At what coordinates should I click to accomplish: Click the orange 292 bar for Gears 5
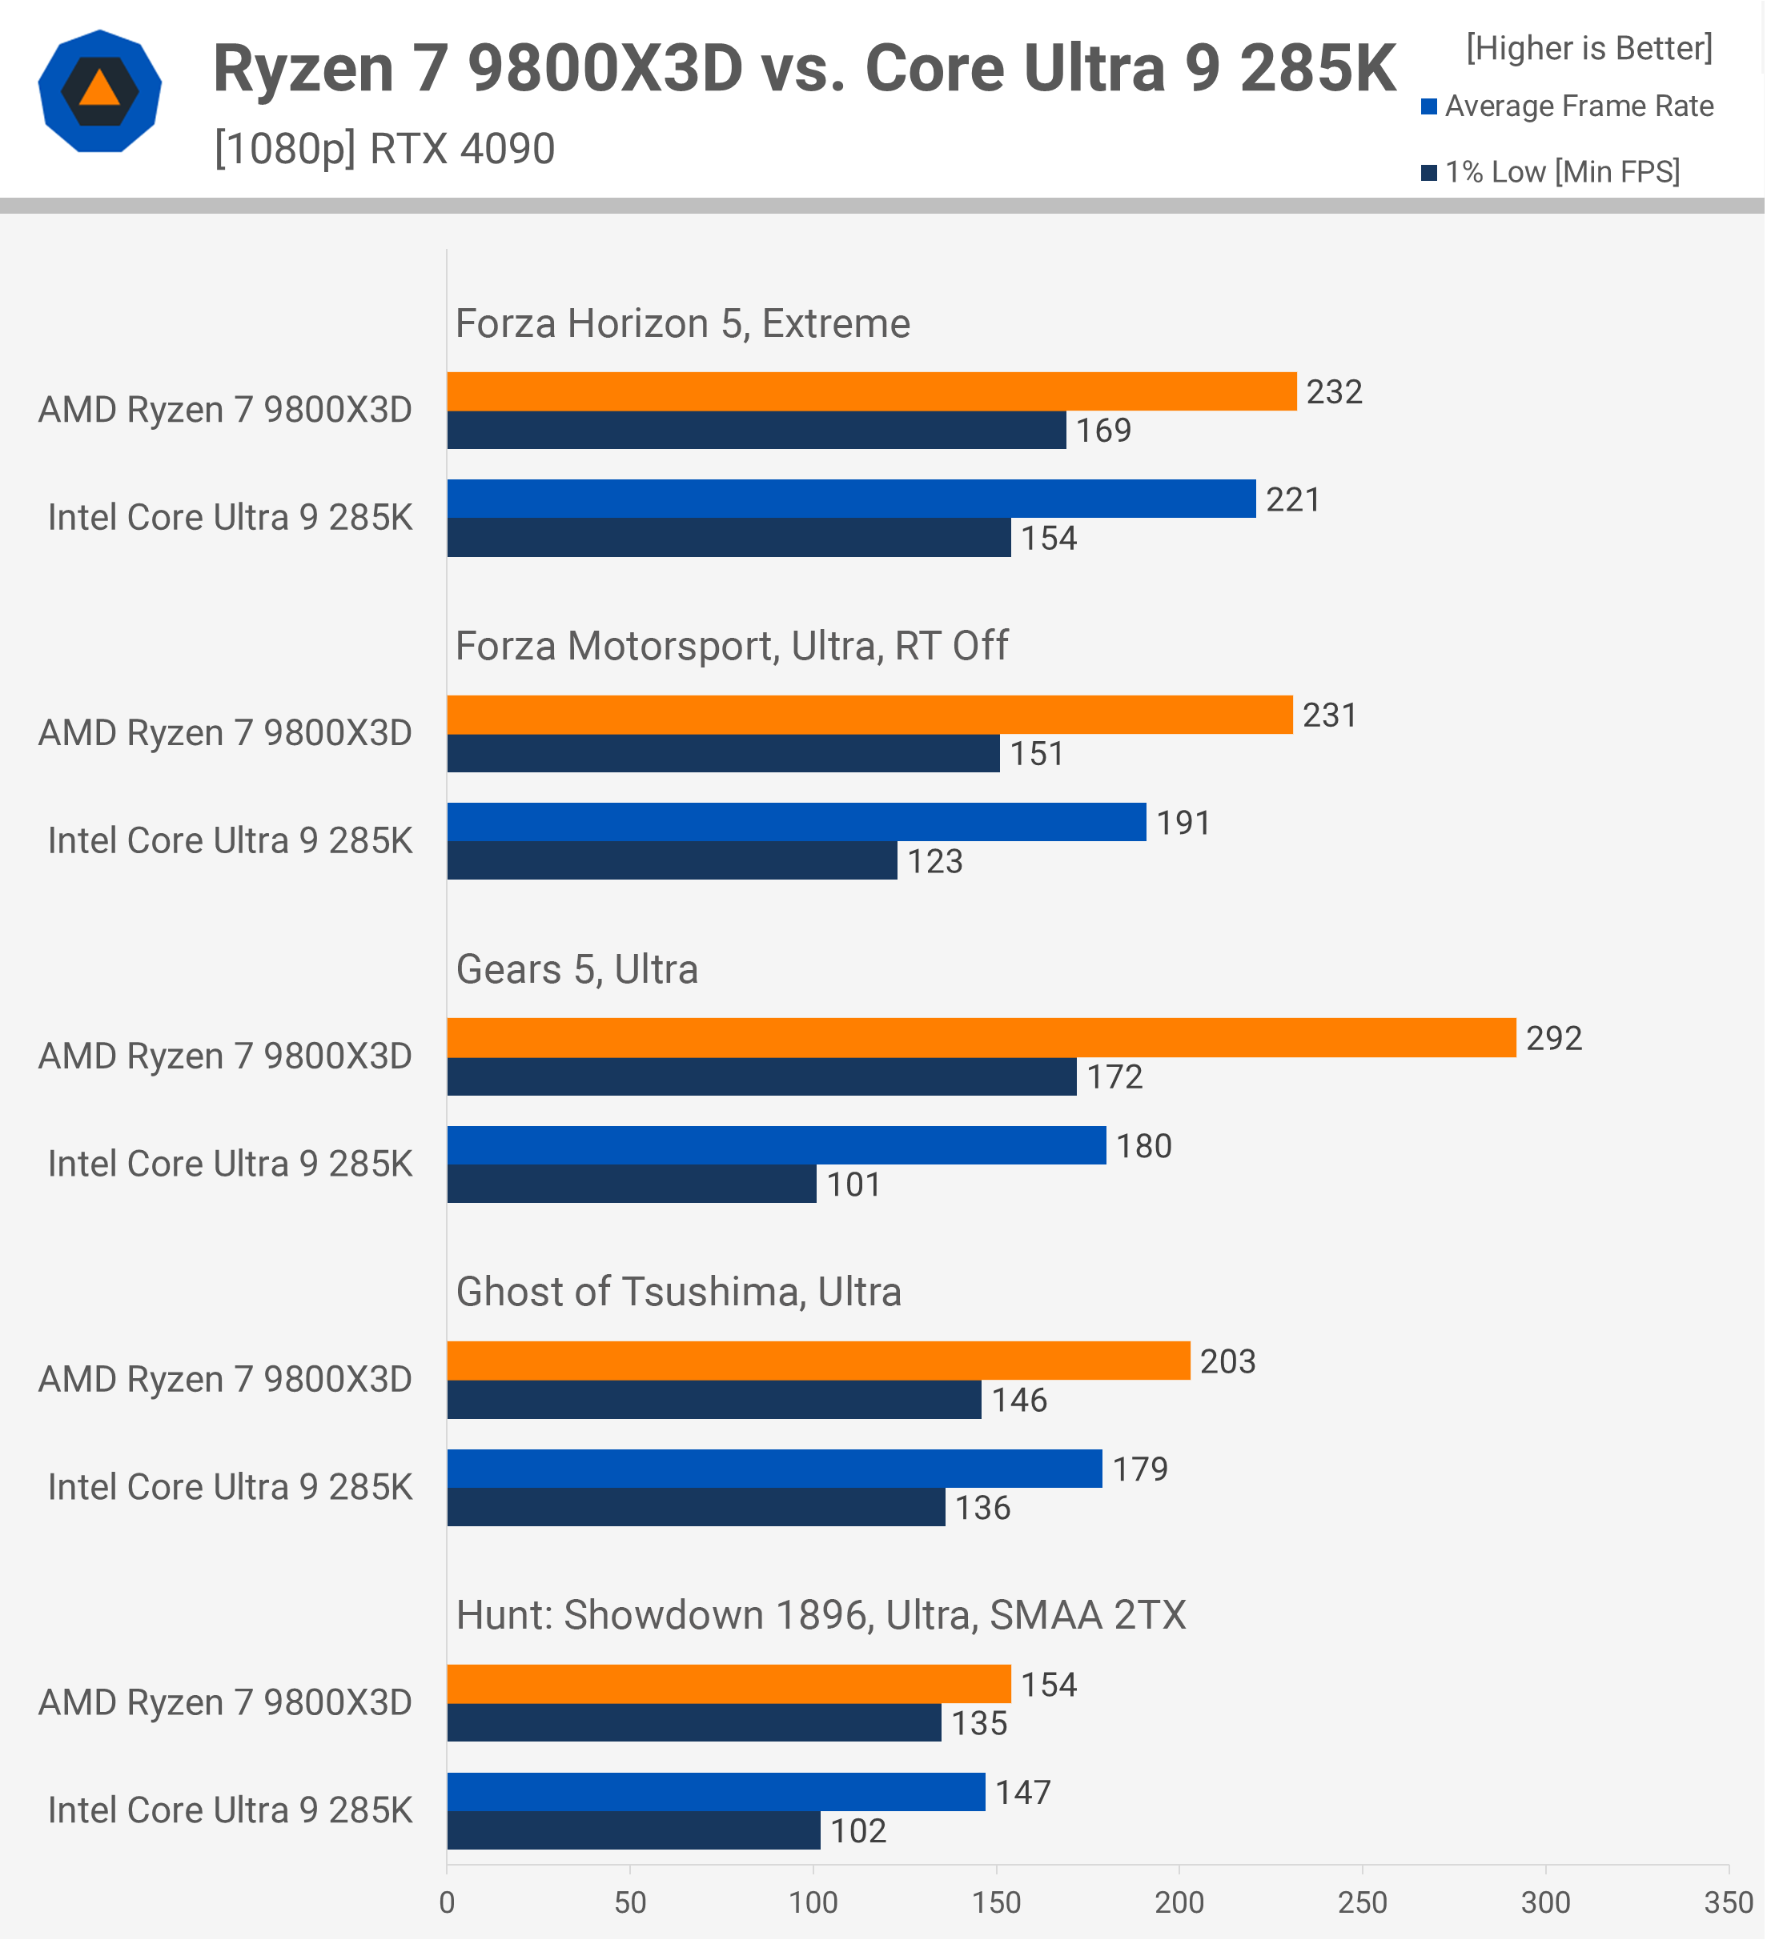pos(981,1037)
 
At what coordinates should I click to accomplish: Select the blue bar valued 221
pos(851,499)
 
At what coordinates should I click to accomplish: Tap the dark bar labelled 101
pos(632,1184)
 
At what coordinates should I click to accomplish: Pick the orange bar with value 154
pos(729,1684)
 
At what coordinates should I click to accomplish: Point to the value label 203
pos(1227,1361)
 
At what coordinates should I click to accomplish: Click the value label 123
pos(934,861)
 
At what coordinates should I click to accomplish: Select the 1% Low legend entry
pos(1551,172)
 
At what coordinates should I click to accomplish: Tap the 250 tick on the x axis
pos(1362,1902)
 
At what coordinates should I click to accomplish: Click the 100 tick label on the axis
pos(813,1902)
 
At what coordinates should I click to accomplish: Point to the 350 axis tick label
pos(1728,1902)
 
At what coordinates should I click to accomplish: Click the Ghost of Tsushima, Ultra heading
pos(678,1292)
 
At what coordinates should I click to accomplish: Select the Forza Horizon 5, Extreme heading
pos(682,323)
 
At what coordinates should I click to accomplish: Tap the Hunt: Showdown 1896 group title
pos(820,1615)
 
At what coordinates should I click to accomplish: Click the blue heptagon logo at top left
pos(100,91)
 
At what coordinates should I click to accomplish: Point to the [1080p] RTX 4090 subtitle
pos(384,149)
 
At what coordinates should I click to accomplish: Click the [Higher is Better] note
pos(1589,48)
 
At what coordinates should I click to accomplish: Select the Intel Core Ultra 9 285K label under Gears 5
pos(230,1164)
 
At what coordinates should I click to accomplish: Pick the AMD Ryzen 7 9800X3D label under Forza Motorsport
pos(225,732)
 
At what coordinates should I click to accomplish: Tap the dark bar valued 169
pos(757,430)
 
